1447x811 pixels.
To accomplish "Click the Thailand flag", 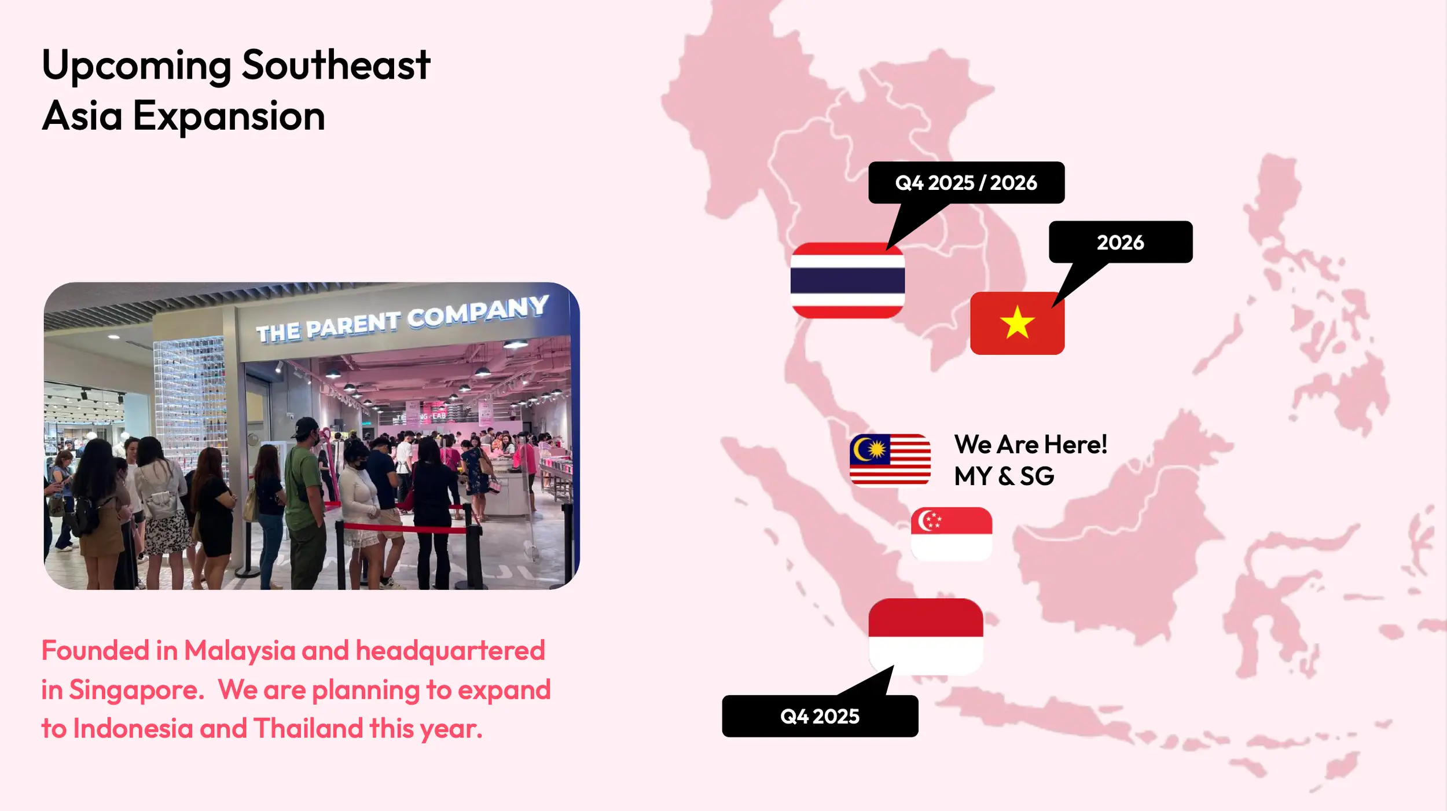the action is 847,281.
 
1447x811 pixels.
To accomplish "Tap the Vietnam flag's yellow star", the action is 1017,322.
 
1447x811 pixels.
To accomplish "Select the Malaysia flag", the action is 890,460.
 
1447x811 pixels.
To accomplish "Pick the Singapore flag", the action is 952,534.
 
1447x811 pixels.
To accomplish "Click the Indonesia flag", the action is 926,636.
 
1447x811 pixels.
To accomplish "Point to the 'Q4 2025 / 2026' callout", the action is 966,183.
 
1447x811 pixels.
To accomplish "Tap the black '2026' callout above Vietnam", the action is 1121,242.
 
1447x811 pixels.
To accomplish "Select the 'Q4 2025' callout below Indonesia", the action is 820,716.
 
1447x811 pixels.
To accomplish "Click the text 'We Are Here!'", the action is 1030,445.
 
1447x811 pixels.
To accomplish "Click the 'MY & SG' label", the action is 1004,476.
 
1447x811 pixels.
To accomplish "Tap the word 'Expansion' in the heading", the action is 229,116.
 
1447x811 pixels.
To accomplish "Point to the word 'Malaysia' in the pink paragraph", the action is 240,651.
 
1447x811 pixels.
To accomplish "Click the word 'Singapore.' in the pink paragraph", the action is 137,690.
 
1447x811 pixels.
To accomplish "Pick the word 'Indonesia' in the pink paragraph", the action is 133,728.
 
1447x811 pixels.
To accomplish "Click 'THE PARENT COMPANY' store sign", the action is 402,319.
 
